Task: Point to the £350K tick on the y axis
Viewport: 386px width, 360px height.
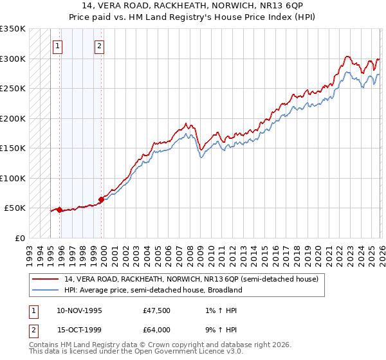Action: [x=13, y=29]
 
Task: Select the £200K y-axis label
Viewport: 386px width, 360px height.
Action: [x=13, y=118]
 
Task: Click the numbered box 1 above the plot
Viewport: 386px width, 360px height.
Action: [x=59, y=46]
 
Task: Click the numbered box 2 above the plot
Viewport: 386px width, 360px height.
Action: [x=100, y=46]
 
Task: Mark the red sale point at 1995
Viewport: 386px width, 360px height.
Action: [x=59, y=210]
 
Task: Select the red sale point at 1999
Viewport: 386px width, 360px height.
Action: [x=101, y=199]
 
